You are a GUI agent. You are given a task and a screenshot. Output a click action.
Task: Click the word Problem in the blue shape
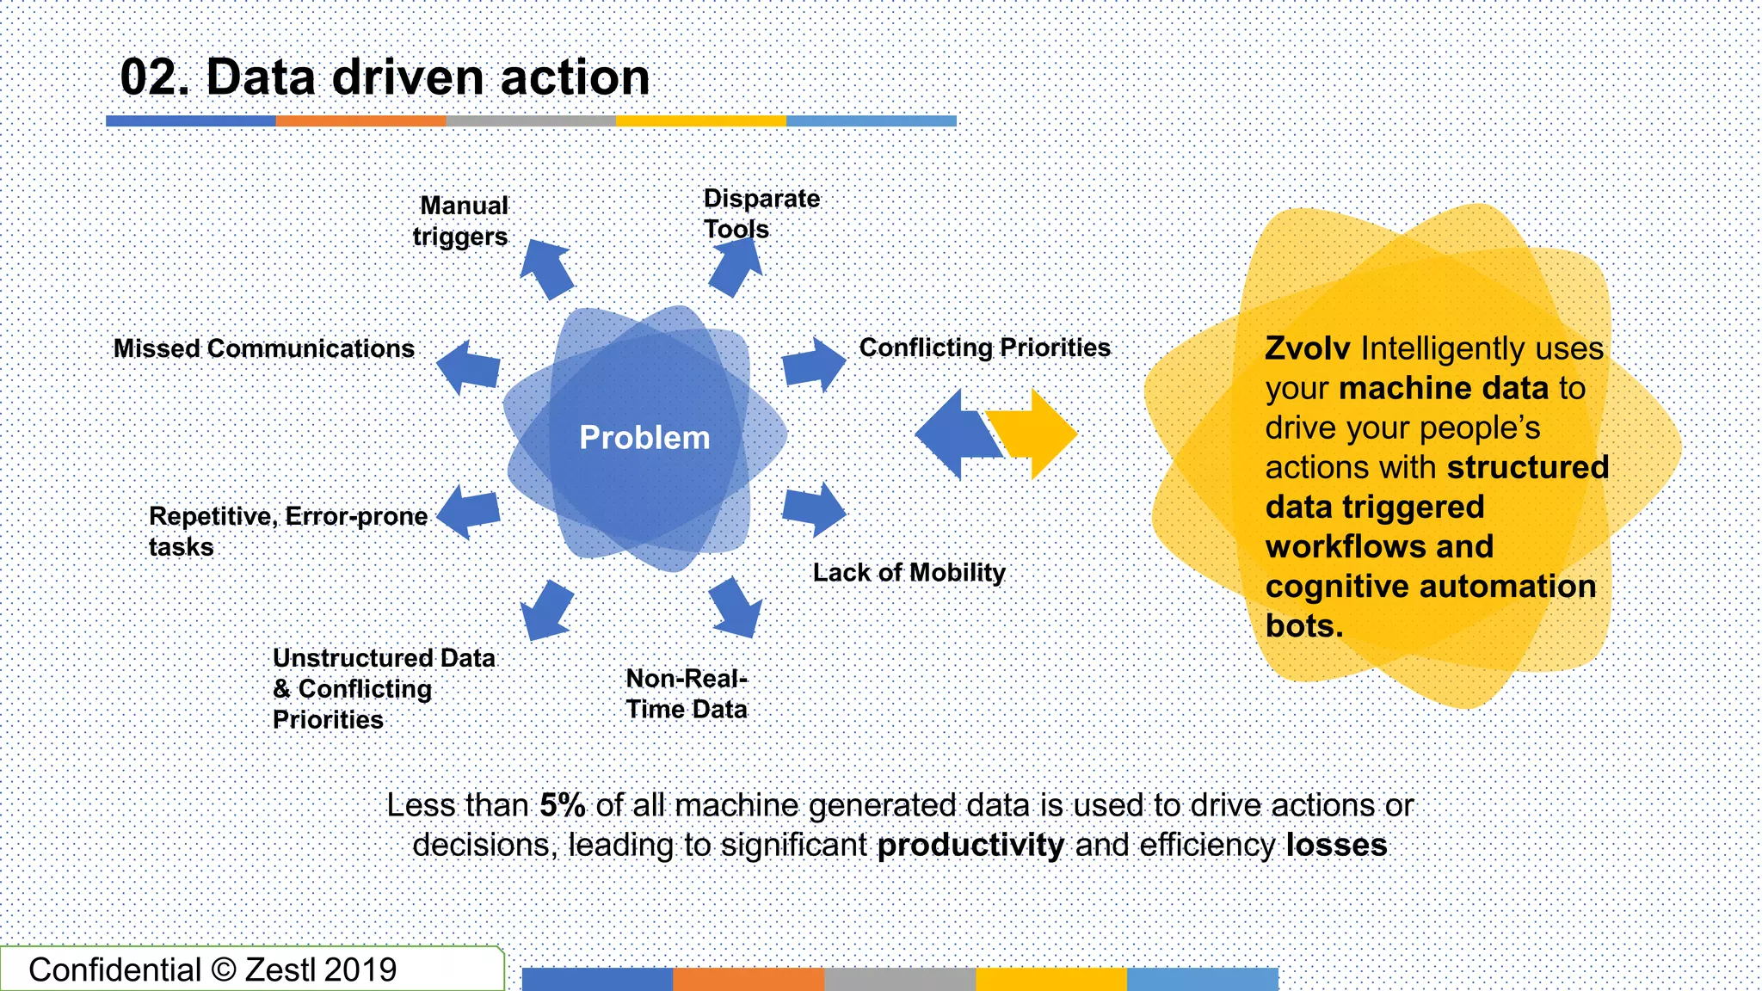[x=644, y=437]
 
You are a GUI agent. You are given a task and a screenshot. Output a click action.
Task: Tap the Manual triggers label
[x=462, y=221]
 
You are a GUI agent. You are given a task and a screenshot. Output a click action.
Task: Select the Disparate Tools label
[x=761, y=213]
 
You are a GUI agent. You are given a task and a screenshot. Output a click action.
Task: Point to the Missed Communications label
[x=264, y=348]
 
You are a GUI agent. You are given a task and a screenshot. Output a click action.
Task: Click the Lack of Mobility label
[x=909, y=572]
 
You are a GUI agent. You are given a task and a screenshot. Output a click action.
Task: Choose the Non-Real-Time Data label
[x=687, y=693]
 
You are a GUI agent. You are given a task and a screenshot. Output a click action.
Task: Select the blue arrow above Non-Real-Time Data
[x=736, y=607]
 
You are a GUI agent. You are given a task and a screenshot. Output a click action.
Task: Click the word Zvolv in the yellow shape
[x=1307, y=348]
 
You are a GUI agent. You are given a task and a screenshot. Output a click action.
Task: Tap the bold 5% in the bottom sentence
[x=563, y=805]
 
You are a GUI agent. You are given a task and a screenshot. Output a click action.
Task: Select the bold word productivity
[x=970, y=845]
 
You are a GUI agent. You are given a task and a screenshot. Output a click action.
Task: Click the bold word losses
[x=1336, y=845]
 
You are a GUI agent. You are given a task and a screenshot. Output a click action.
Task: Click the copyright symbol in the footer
[x=223, y=969]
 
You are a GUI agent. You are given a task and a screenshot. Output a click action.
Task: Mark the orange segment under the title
[x=360, y=121]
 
